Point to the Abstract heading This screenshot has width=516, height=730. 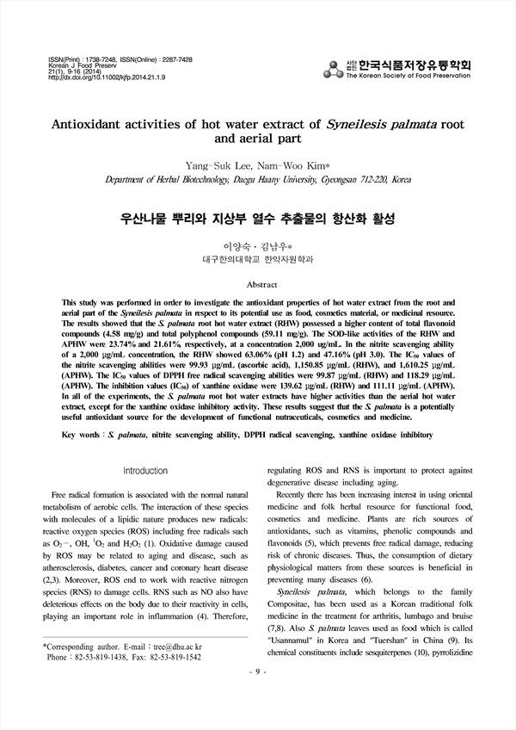(261, 284)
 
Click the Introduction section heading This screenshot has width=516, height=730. (145, 470)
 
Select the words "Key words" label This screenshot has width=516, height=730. (83, 436)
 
